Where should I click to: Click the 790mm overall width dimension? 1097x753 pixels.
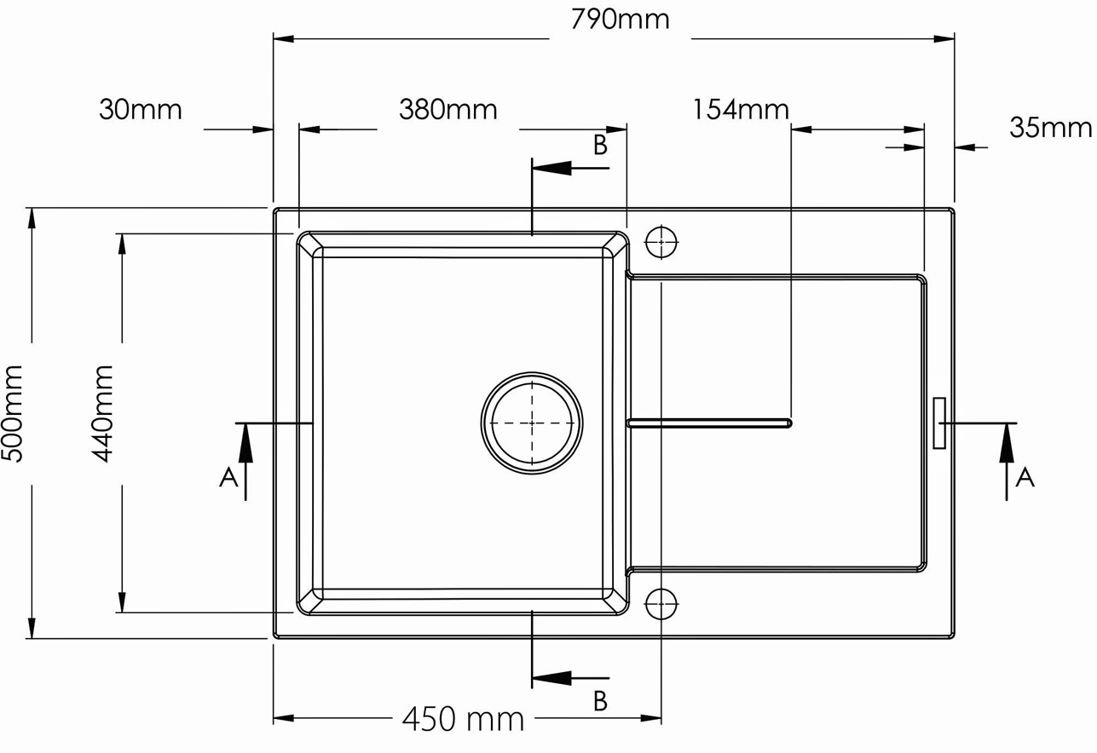point(620,20)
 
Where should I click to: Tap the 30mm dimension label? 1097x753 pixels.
point(141,110)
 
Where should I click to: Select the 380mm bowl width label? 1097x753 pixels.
point(447,110)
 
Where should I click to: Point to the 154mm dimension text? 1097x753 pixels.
point(740,110)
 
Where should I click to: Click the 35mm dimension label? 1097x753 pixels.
point(1050,128)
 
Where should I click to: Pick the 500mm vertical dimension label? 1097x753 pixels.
point(12,413)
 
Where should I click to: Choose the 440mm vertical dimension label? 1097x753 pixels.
point(102,413)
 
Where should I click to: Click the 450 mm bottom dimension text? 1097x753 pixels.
point(463,720)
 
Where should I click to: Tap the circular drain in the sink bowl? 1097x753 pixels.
point(532,422)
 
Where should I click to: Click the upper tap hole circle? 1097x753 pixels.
point(661,242)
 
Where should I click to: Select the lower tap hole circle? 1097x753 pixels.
point(661,604)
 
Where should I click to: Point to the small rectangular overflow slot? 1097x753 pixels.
point(939,422)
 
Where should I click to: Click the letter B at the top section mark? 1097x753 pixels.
point(600,146)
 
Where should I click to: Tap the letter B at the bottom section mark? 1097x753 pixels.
point(600,700)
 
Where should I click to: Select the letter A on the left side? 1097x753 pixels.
point(228,478)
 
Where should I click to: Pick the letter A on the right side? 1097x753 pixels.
point(1025,477)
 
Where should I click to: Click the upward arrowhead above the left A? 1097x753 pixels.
point(245,443)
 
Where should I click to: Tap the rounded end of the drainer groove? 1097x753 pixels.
point(788,423)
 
